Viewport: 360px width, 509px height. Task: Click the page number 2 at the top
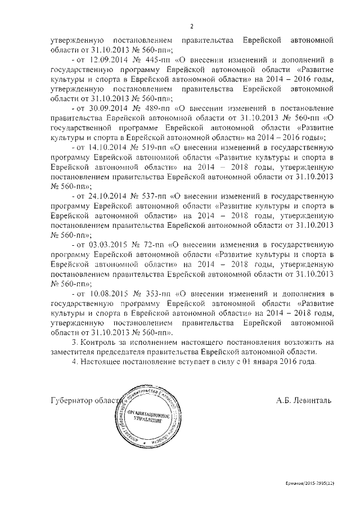click(x=192, y=26)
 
